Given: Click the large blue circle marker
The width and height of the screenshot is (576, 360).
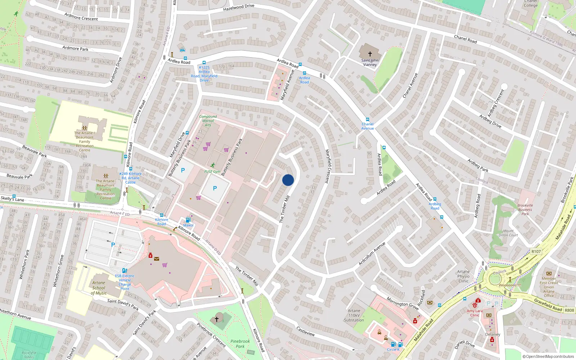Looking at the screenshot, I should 288,180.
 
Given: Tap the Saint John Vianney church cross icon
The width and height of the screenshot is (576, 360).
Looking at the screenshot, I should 370,54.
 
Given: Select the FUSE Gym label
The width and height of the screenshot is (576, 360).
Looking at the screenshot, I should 212,172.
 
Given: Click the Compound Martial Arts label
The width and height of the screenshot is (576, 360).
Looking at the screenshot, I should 208,121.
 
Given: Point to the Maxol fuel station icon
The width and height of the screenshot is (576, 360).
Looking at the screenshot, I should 188,220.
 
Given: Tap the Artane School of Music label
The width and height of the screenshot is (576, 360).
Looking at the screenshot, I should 99,288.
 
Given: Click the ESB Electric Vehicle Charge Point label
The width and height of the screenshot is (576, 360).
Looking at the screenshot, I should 125,282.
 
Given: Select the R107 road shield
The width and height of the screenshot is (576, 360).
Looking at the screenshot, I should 536,252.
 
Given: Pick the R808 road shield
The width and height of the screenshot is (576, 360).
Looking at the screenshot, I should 569,310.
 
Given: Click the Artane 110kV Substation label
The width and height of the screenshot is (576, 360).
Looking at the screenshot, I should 354,315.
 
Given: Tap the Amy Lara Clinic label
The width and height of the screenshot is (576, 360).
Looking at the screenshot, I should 474,313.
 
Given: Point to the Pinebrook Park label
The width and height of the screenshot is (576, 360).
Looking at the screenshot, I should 240,344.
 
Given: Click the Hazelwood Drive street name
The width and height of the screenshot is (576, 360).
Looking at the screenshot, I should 239,7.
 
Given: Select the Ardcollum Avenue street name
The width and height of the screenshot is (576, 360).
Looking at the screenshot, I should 372,254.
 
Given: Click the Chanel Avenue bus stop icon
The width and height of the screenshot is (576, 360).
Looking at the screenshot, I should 367,120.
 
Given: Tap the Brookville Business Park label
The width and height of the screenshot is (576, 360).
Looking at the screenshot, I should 525,210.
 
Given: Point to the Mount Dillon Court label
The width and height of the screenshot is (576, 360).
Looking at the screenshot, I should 508,233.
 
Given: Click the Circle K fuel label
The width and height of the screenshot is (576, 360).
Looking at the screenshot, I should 393,350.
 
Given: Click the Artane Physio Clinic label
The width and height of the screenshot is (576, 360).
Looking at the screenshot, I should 463,276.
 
